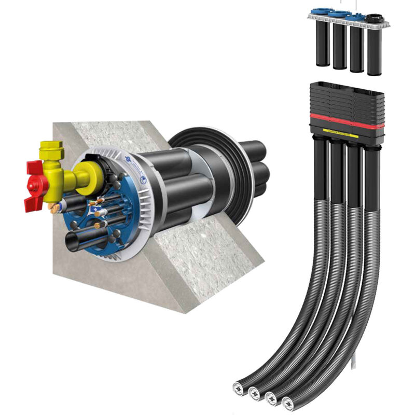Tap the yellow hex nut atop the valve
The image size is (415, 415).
point(52,150)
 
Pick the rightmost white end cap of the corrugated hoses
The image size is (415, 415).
point(288,400)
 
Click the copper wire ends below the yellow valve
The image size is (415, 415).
point(54,208)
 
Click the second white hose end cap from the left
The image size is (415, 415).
point(254,393)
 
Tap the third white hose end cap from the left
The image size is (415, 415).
point(271,397)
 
